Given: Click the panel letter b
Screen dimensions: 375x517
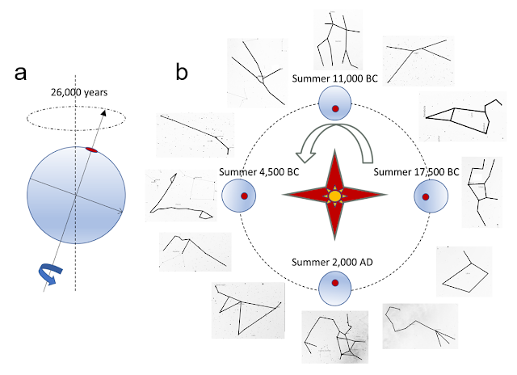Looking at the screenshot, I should (x=183, y=73).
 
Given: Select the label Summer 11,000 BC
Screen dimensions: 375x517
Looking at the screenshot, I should (x=335, y=78).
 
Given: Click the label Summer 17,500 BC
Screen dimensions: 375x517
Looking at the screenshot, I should (x=417, y=172).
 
